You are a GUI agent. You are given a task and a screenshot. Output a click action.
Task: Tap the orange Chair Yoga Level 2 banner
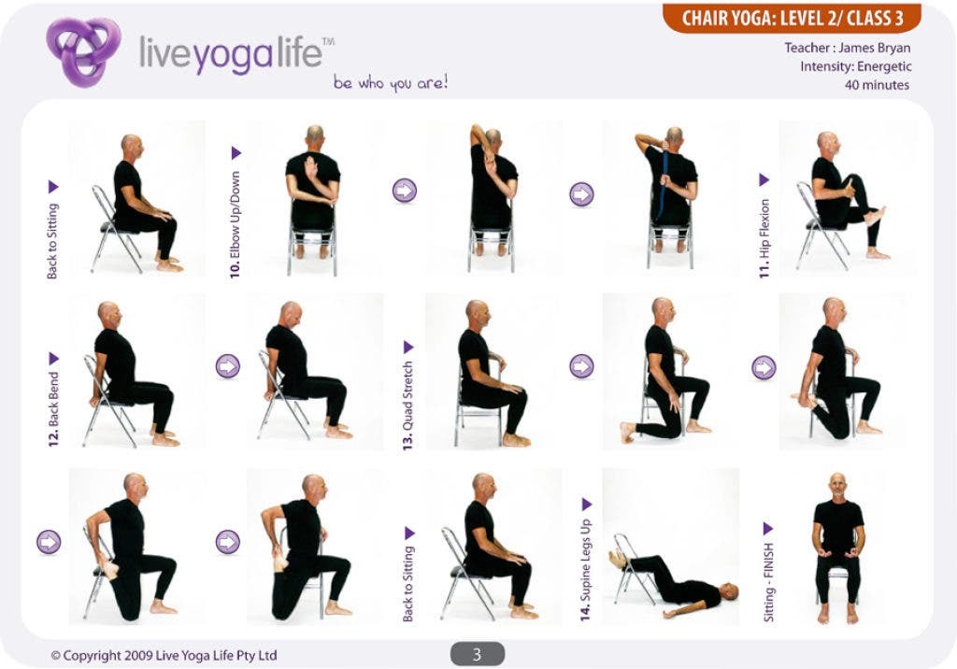(792, 18)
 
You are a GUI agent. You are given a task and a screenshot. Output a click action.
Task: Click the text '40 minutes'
(877, 85)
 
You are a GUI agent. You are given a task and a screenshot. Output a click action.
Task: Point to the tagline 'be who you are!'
(391, 83)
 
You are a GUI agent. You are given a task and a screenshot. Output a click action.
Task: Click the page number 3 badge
(477, 654)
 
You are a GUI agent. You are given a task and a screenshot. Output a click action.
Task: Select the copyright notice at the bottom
(164, 655)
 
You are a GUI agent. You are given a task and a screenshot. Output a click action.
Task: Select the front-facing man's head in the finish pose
(837, 485)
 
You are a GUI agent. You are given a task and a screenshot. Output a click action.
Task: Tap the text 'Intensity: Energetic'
(855, 66)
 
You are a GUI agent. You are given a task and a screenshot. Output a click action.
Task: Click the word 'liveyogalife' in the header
(230, 53)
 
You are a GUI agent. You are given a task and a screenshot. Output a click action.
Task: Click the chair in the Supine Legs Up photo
(633, 567)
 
